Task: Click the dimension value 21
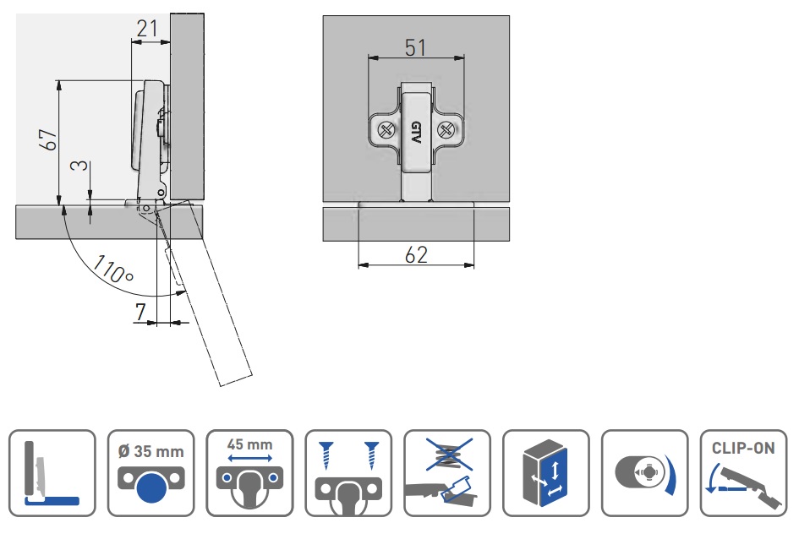(147, 29)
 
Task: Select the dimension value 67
(49, 140)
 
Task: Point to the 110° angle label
(114, 268)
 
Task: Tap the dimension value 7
(140, 313)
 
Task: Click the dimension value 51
(415, 47)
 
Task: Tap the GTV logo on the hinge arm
(415, 133)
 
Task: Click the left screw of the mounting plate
(385, 130)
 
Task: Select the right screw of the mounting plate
(446, 130)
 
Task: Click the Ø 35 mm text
(151, 451)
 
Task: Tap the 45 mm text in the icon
(249, 444)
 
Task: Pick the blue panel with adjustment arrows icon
(545, 473)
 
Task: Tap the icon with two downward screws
(348, 473)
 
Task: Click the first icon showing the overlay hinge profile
(52, 473)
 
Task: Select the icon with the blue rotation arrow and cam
(643, 473)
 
